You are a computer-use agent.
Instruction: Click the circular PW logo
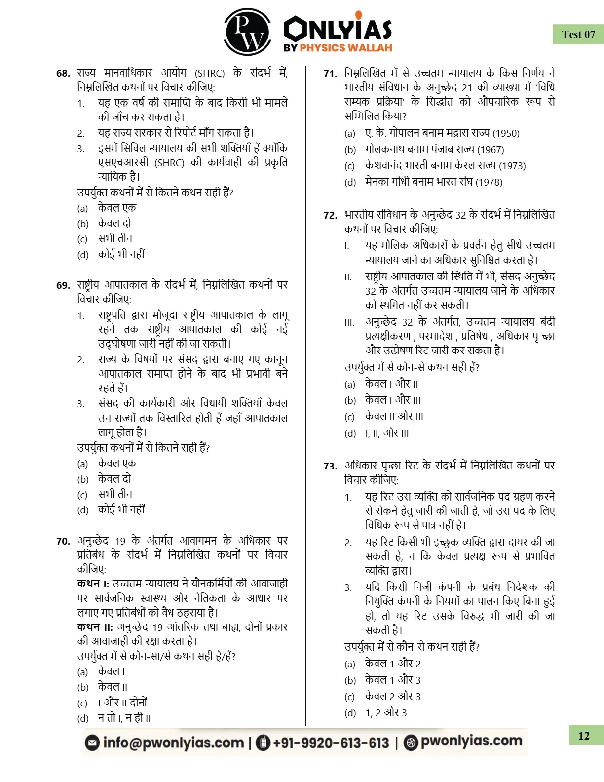pos(247,32)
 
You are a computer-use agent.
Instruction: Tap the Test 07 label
pos(578,35)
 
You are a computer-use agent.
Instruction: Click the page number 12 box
pos(585,736)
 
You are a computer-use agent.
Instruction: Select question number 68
pos(63,74)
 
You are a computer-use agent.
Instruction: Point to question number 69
pos(63,285)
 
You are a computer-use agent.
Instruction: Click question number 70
pos(63,541)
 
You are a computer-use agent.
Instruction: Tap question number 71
pos(330,74)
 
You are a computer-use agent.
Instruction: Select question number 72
pos(330,215)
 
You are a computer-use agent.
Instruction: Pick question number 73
pos(330,466)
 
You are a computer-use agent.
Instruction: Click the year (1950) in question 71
pos(506,133)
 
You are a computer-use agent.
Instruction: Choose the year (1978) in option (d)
pos(489,182)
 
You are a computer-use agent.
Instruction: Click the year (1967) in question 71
pos(491,150)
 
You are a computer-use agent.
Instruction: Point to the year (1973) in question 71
pos(512,166)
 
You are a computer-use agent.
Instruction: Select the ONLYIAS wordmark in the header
pos(338,29)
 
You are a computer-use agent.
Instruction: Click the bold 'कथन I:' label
pos(93,584)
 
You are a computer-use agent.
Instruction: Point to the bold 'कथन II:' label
pos(95,627)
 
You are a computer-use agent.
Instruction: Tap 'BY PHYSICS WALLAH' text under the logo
pos(338,48)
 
